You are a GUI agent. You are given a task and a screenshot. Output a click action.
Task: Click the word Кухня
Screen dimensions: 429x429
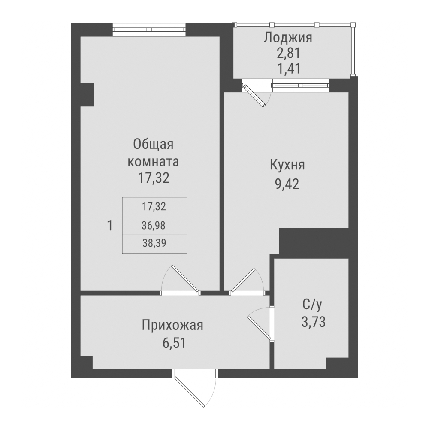point(287,166)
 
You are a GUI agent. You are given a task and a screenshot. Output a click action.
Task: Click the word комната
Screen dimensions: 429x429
point(154,162)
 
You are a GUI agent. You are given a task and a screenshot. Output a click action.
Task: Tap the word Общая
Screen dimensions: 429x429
point(153,144)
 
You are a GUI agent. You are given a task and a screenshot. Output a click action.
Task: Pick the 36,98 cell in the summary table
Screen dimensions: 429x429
point(154,225)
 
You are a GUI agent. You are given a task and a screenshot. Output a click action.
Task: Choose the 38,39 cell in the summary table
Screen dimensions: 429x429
point(154,244)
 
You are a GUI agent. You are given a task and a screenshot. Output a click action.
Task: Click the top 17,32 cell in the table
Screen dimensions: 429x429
point(154,206)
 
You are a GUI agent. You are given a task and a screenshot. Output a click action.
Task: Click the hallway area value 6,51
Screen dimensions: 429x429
point(172,343)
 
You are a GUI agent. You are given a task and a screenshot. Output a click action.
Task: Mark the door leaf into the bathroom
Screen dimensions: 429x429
point(258,328)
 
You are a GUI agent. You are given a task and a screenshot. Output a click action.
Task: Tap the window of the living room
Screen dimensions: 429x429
point(150,30)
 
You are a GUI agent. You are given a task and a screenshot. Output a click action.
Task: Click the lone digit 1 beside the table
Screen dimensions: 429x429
point(110,225)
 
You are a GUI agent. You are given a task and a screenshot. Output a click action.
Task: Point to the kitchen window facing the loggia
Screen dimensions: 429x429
point(300,86)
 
